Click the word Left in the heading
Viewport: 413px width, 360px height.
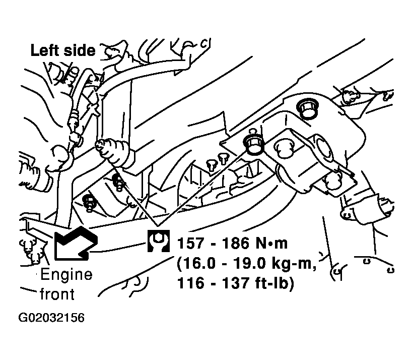click(45, 50)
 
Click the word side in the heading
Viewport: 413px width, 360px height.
click(79, 50)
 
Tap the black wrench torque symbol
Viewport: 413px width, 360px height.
click(158, 241)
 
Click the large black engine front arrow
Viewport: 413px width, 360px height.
click(76, 243)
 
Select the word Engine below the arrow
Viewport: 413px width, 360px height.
click(66, 275)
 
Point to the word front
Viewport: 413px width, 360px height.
click(57, 294)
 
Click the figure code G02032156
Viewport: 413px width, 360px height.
click(51, 318)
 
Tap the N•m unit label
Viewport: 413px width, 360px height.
click(271, 243)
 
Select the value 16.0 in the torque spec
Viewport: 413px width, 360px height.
click(196, 263)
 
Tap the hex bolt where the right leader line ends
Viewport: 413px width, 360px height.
click(254, 145)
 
